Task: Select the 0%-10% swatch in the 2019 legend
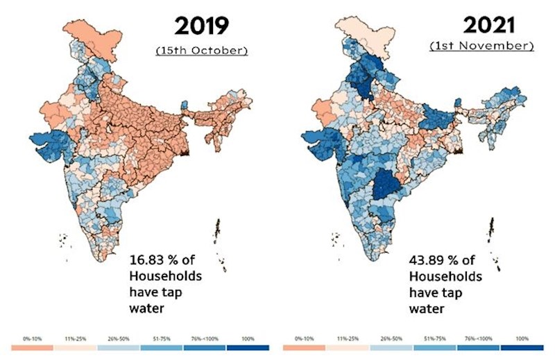[x=32, y=345]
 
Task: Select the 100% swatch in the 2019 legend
[x=248, y=345]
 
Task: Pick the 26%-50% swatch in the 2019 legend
[x=119, y=345]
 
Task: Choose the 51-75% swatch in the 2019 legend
[x=162, y=345]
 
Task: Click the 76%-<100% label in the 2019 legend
[x=205, y=338]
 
